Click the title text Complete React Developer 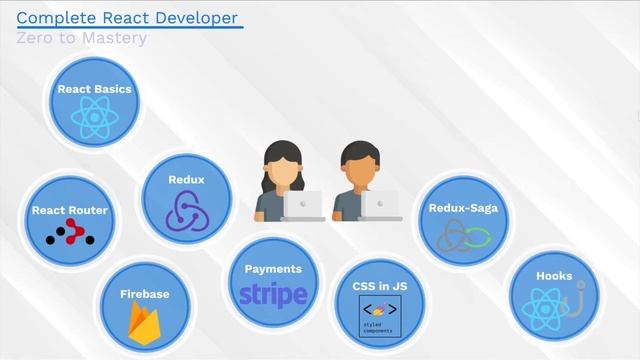pyautogui.click(x=128, y=17)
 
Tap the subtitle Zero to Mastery pyautogui.click(x=82, y=38)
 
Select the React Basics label pyautogui.click(x=94, y=89)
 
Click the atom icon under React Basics pyautogui.click(x=94, y=120)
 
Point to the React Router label pyautogui.click(x=69, y=211)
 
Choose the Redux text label pyautogui.click(x=186, y=180)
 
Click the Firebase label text pyautogui.click(x=144, y=294)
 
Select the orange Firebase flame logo pyautogui.click(x=145, y=323)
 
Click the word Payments pyautogui.click(x=273, y=269)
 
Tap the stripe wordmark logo pyautogui.click(x=273, y=296)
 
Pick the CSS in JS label pyautogui.click(x=378, y=286)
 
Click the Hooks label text pyautogui.click(x=554, y=276)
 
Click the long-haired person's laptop pyautogui.click(x=303, y=205)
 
